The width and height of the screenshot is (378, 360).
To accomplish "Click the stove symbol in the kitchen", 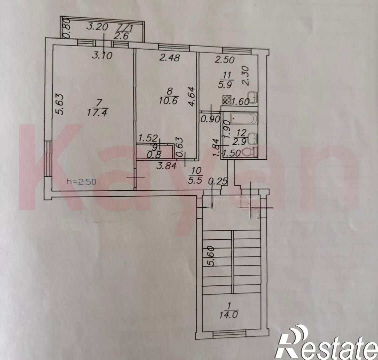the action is (x=227, y=100).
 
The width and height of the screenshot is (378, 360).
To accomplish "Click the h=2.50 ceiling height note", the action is (x=81, y=181).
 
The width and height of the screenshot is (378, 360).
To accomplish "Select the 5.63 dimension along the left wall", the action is (x=60, y=104).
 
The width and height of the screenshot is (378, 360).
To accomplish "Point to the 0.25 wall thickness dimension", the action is (x=218, y=181).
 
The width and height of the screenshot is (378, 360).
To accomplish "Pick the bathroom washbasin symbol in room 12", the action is (x=253, y=137).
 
